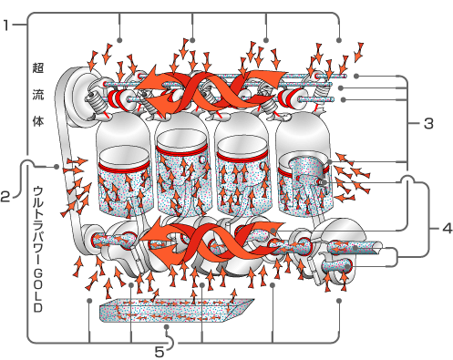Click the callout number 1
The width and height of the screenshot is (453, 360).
pyautogui.click(x=6, y=25)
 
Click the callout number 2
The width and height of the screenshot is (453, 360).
pyautogui.click(x=5, y=197)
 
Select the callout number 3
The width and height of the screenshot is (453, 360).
pyautogui.click(x=428, y=124)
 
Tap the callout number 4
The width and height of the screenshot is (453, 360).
pyautogui.click(x=448, y=228)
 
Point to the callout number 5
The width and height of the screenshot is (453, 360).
pyautogui.click(x=160, y=353)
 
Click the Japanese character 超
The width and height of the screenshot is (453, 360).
pyautogui.click(x=38, y=67)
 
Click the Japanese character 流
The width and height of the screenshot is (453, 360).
pyautogui.click(x=38, y=95)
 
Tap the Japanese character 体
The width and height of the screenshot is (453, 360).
pyautogui.click(x=38, y=121)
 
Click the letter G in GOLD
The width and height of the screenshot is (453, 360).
pyautogui.click(x=38, y=274)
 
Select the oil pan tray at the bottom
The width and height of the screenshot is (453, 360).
pyautogui.click(x=176, y=310)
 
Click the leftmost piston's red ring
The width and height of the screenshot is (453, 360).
pyautogui.click(x=125, y=168)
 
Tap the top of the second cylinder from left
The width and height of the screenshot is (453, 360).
pyautogui.click(x=181, y=124)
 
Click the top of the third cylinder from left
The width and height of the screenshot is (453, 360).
pyautogui.click(x=242, y=125)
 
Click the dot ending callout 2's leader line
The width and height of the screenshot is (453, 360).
pyautogui.click(x=57, y=167)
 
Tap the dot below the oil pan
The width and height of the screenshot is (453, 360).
pyautogui.click(x=166, y=327)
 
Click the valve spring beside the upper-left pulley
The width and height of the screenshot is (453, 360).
pyautogui.click(x=95, y=102)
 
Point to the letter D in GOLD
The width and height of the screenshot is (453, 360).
pyautogui.click(x=38, y=307)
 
